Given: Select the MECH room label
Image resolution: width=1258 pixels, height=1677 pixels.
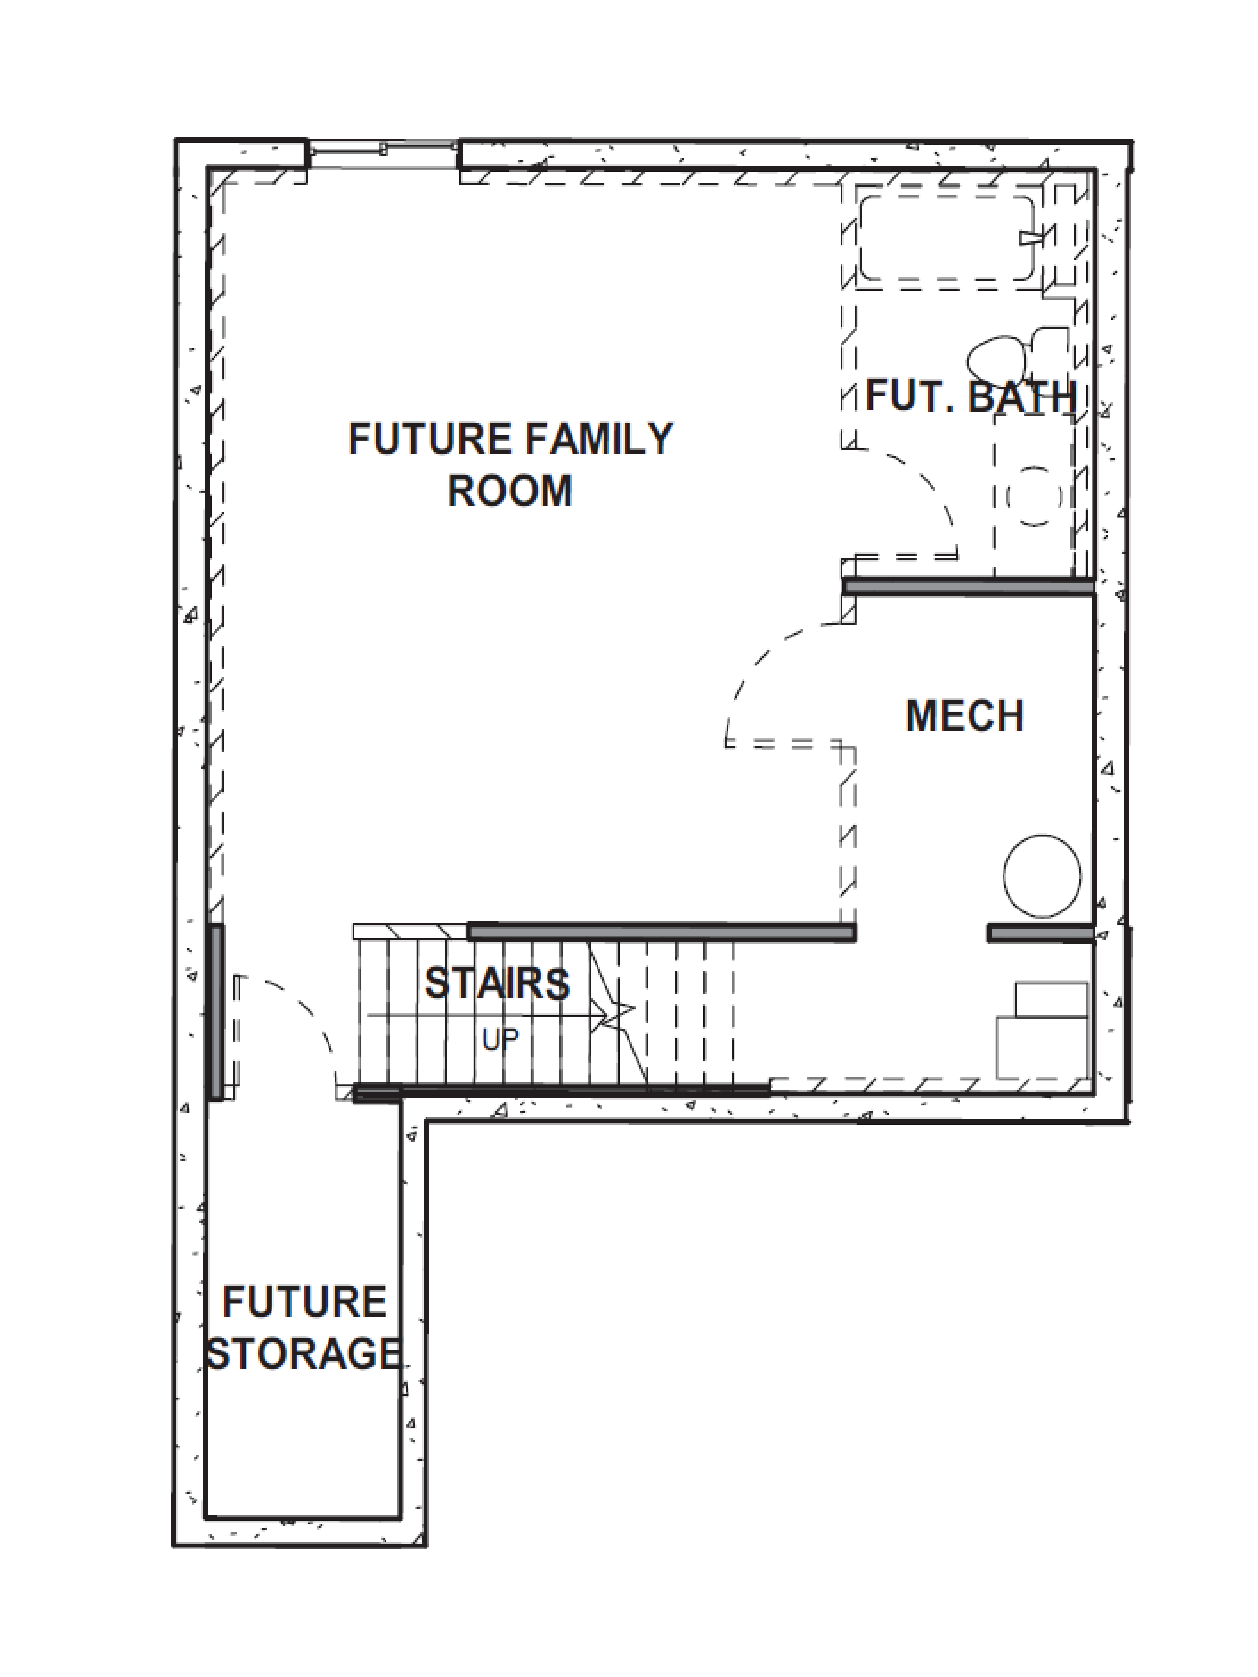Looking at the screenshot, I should [x=965, y=716].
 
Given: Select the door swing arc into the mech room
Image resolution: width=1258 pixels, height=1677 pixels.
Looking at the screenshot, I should [x=758, y=667].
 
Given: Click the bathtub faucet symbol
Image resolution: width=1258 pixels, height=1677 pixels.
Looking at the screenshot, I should [x=1031, y=237].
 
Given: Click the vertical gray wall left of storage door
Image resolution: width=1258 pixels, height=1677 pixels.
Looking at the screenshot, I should [x=217, y=1012].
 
